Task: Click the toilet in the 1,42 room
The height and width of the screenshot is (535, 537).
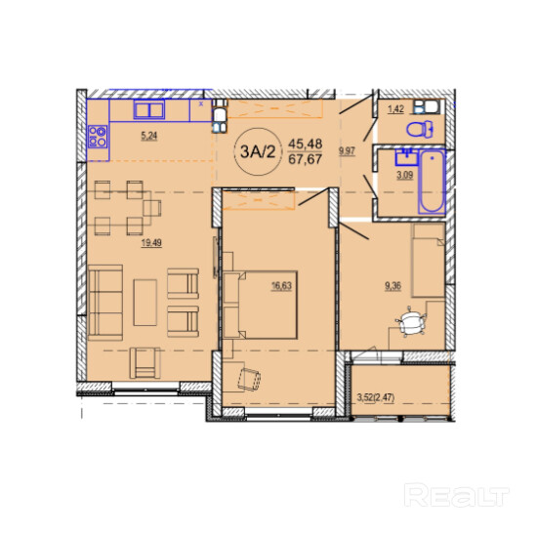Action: pyautogui.click(x=420, y=130)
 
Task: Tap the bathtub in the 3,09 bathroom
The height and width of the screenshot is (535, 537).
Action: pyautogui.click(x=432, y=182)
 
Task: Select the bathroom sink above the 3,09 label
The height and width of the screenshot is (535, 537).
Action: pyautogui.click(x=406, y=157)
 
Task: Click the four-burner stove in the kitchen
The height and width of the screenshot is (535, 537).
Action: pyautogui.click(x=98, y=137)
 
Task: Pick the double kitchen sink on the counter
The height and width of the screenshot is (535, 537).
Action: pyautogui.click(x=149, y=109)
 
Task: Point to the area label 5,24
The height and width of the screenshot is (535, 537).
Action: pyautogui.click(x=149, y=136)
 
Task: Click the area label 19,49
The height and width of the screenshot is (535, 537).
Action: pyautogui.click(x=151, y=243)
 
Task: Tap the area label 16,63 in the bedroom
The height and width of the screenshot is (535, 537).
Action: pyautogui.click(x=281, y=286)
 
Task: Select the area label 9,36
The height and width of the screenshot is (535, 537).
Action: pyautogui.click(x=392, y=286)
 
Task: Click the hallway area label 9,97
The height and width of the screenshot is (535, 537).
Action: pyautogui.click(x=347, y=151)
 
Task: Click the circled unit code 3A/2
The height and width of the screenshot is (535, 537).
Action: pyautogui.click(x=258, y=151)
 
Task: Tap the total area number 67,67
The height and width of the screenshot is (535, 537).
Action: pyautogui.click(x=306, y=159)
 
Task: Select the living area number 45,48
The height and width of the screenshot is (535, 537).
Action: pyautogui.click(x=306, y=144)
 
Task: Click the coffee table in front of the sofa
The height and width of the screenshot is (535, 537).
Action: pyautogui.click(x=145, y=303)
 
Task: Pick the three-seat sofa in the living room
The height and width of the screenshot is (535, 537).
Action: pyautogui.click(x=105, y=303)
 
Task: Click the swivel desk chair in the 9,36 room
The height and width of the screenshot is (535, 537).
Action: pyautogui.click(x=411, y=321)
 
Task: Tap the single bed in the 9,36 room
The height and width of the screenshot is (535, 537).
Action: pyautogui.click(x=428, y=261)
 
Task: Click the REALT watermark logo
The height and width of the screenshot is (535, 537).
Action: pyautogui.click(x=457, y=495)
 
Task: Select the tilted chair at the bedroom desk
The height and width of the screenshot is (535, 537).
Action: pyautogui.click(x=249, y=379)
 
